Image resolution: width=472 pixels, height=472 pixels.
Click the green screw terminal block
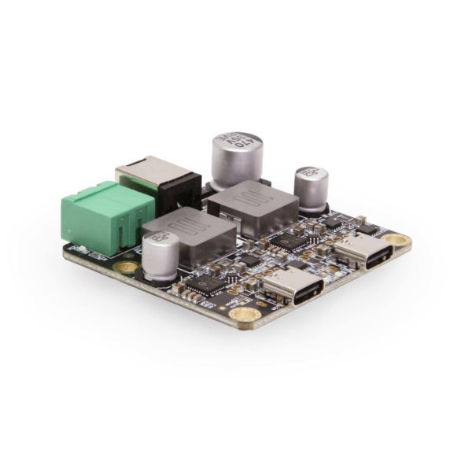tap(96, 216)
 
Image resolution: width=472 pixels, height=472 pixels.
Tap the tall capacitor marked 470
tap(233, 161)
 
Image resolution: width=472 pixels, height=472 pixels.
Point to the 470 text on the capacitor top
tap(234, 142)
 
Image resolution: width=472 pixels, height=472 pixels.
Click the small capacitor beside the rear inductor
tap(312, 189)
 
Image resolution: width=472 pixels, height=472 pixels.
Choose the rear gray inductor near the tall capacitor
tap(253, 206)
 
